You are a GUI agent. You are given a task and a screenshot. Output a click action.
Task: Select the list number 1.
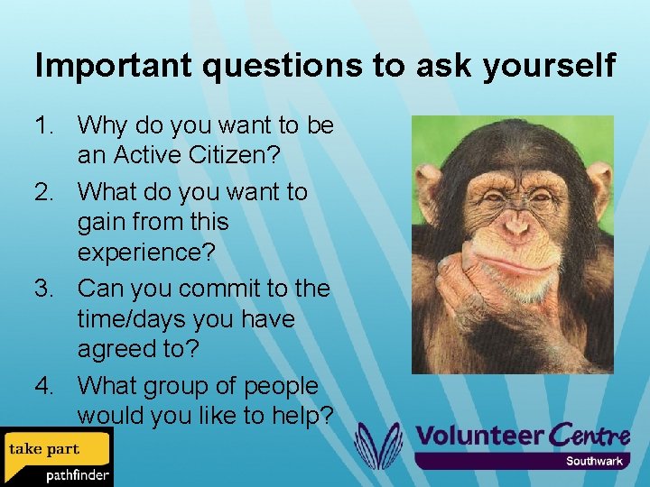[44, 124]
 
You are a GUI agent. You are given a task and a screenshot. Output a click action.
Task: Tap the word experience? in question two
[146, 253]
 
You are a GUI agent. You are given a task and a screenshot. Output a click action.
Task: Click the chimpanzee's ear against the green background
[598, 184]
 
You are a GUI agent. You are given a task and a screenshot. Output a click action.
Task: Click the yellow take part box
[45, 448]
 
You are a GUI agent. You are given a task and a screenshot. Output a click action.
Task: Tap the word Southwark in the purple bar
[594, 461]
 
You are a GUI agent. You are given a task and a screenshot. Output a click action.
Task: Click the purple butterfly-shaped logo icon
[378, 445]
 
